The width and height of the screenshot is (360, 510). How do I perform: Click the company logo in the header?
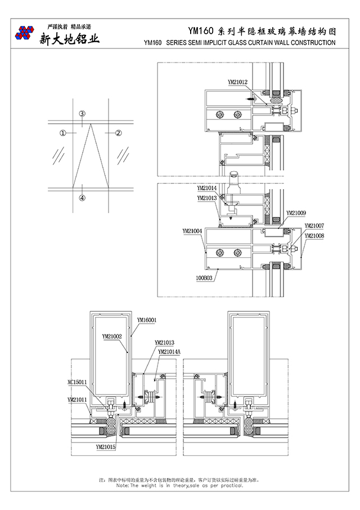[24, 34]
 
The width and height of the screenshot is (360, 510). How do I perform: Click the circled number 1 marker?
[63, 133]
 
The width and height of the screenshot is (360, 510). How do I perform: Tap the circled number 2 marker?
[119, 133]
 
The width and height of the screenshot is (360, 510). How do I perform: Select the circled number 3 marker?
[82, 114]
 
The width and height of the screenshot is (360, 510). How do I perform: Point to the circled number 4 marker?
[82, 198]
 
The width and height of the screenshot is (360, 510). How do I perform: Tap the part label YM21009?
[296, 213]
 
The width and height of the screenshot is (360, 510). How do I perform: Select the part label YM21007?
[314, 226]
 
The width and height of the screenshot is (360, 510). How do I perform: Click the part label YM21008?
[314, 236]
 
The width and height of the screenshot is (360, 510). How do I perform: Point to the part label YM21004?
[192, 231]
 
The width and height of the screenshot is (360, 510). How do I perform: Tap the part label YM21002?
[112, 336]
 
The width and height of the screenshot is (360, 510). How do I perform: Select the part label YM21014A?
[169, 352]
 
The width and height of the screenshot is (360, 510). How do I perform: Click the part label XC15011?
[77, 381]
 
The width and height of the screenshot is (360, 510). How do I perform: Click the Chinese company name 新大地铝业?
[69, 39]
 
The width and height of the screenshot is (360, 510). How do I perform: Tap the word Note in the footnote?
[122, 485]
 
